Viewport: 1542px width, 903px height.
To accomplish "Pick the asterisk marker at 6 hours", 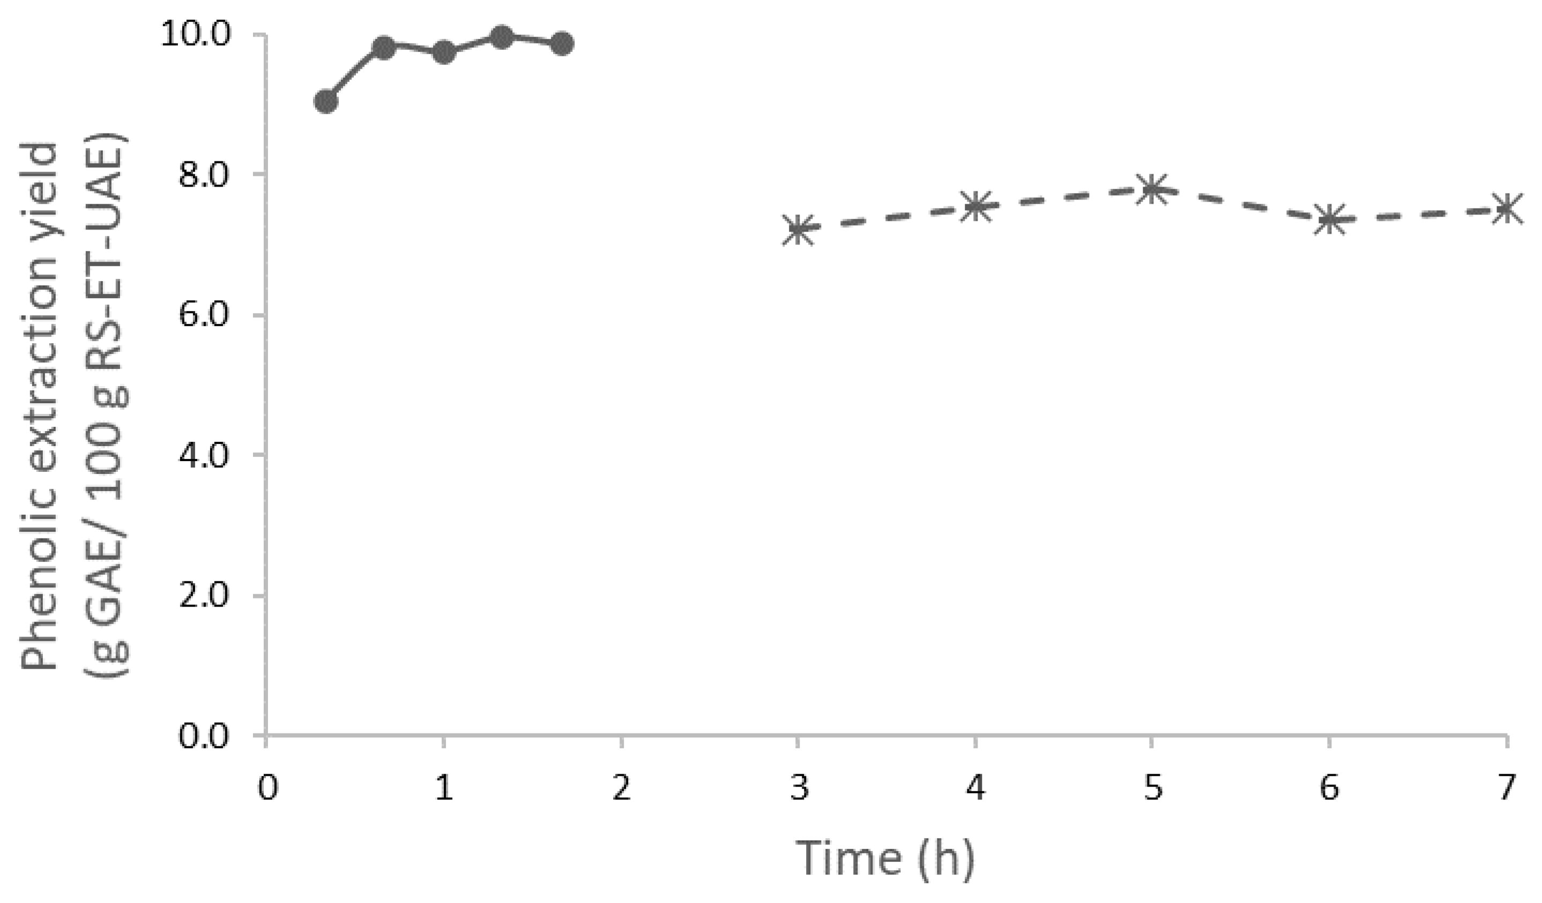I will pos(1329,219).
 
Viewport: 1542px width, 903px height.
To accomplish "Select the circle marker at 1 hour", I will pos(444,52).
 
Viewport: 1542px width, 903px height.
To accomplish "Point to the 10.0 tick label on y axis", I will pos(203,35).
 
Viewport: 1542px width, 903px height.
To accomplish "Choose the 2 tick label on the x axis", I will pos(621,788).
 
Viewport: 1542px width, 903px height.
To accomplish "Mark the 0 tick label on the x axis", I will pos(267,788).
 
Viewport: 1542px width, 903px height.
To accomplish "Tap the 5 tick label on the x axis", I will pos(1152,788).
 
